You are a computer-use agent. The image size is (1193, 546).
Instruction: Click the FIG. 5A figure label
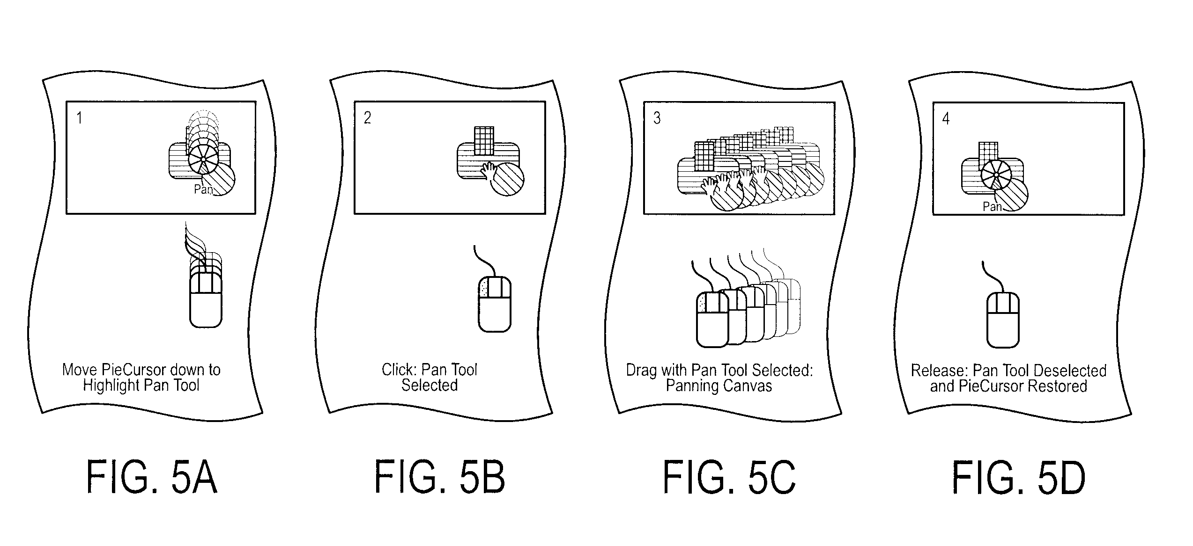[x=152, y=478]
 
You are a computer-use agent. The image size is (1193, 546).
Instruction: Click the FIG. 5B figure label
[x=440, y=478]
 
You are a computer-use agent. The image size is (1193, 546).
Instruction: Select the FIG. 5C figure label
[x=729, y=478]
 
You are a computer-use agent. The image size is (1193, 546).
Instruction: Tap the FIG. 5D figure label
[x=1019, y=478]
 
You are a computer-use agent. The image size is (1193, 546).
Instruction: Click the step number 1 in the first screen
[x=80, y=117]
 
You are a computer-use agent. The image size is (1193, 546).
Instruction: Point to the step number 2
[x=368, y=117]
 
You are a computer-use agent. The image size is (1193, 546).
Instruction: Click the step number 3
[x=657, y=118]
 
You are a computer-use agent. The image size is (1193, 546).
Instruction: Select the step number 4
[x=946, y=119]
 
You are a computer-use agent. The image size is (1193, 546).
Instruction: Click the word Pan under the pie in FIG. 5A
[x=203, y=189]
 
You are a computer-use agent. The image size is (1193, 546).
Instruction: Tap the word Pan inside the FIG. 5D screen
[x=992, y=206]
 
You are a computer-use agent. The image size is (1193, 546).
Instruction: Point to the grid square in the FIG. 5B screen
[x=484, y=140]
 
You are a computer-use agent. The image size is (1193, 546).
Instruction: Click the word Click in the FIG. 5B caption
[x=398, y=370]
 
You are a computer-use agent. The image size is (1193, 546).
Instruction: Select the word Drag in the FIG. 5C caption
[x=641, y=371]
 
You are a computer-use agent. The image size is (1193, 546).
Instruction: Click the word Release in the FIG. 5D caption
[x=939, y=371]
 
